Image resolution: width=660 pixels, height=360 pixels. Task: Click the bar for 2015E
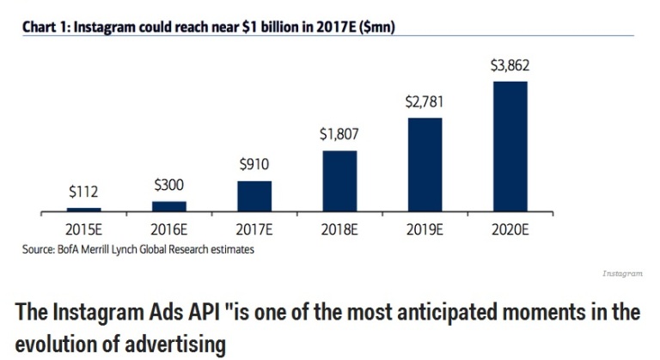point(84,209)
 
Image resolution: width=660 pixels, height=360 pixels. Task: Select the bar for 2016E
point(169,206)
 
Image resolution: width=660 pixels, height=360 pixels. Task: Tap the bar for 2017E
point(254,196)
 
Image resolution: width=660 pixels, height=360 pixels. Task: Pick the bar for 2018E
point(339,180)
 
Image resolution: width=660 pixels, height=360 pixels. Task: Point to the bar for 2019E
point(425,164)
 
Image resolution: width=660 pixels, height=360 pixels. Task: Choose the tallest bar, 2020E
point(510,146)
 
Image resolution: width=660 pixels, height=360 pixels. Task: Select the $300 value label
point(169,185)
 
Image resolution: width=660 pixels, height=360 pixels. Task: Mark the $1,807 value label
point(339,135)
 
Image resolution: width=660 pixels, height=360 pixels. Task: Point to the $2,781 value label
point(425,102)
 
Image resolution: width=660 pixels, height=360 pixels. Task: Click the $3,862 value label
point(510,65)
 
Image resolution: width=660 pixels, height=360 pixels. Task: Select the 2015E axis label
point(84,230)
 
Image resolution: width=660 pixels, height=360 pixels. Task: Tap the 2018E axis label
point(339,230)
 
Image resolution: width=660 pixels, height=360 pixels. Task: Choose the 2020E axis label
point(510,230)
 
